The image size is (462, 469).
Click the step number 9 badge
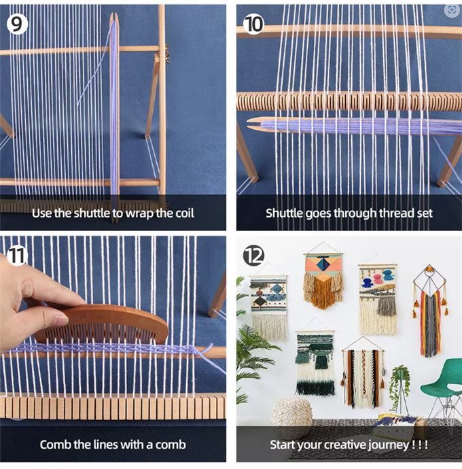pos(17,24)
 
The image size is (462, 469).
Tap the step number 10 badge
pos(253,24)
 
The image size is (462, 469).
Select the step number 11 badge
pos(16,256)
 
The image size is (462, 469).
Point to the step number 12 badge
pos(253,256)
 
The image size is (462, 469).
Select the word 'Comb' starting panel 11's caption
pos(56,445)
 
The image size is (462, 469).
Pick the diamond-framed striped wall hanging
pos(430,311)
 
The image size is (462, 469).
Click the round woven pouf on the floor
pos(292,415)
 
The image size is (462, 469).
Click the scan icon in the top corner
pos(452,10)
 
